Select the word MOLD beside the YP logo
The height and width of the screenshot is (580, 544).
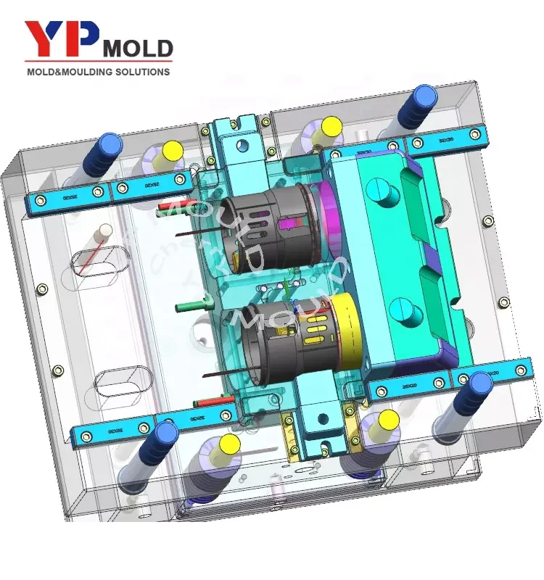138,49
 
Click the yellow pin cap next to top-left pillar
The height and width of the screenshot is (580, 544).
173,152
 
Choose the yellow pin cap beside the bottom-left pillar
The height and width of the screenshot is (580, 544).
230,444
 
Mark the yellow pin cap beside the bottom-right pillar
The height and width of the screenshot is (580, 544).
389,419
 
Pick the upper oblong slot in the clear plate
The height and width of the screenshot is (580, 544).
102,265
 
